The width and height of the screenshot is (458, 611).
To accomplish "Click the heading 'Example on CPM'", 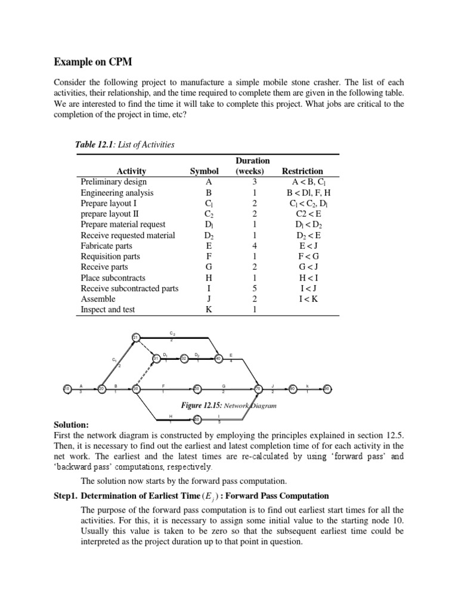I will click(94, 62).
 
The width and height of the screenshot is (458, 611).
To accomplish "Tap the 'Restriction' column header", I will click(306, 171).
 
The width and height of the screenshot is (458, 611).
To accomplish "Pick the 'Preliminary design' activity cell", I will click(113, 182).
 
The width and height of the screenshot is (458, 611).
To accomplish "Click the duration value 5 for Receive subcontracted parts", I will click(254, 288).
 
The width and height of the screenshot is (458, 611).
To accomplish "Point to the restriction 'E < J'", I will click(307, 246).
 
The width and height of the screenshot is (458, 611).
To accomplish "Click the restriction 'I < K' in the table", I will click(307, 299).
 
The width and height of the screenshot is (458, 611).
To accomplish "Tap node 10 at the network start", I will click(67, 389).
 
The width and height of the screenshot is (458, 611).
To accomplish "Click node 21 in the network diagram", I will click(135, 338).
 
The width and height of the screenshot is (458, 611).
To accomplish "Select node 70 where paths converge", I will click(258, 389).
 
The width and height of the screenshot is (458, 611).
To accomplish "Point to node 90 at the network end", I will click(327, 389).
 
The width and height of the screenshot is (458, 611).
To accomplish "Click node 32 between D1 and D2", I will click(184, 359).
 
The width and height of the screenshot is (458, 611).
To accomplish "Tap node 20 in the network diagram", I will click(101, 389).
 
